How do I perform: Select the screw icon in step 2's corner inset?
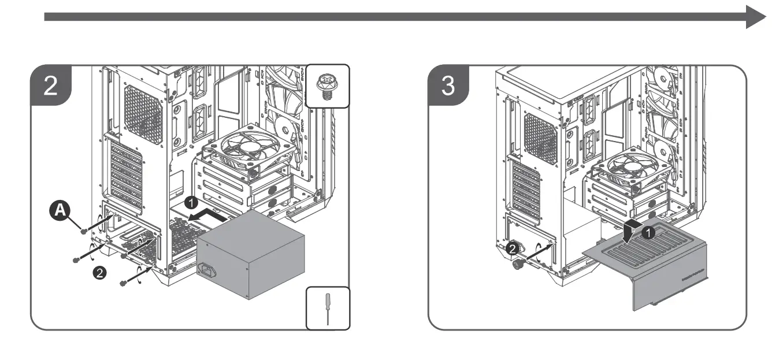tap(327, 86)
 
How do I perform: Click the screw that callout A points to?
tap(84, 231)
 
